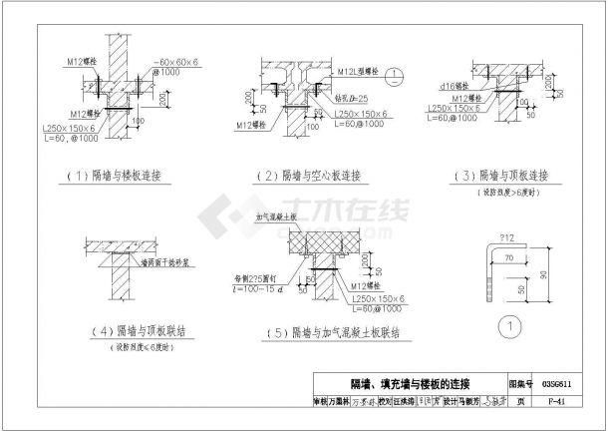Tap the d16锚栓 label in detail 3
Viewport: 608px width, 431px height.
click(464, 87)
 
